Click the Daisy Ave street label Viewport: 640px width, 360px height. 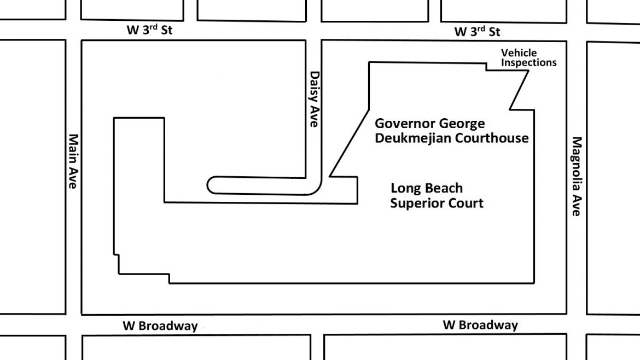314,99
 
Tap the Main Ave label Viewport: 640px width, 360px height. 73,161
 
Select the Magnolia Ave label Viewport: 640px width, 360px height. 577,176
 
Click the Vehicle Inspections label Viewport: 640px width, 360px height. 528,57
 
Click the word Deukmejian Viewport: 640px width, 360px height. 412,138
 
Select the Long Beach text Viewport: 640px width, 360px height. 427,188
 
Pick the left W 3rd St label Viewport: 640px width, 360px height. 149,30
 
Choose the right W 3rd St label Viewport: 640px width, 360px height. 477,31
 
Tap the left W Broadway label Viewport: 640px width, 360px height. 160,326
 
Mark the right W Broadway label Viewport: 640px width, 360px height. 480,325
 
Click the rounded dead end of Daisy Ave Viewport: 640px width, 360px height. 208,185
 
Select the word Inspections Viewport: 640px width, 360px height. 528,62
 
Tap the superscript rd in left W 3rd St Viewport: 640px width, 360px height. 153,26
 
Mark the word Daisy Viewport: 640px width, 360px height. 314,86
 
